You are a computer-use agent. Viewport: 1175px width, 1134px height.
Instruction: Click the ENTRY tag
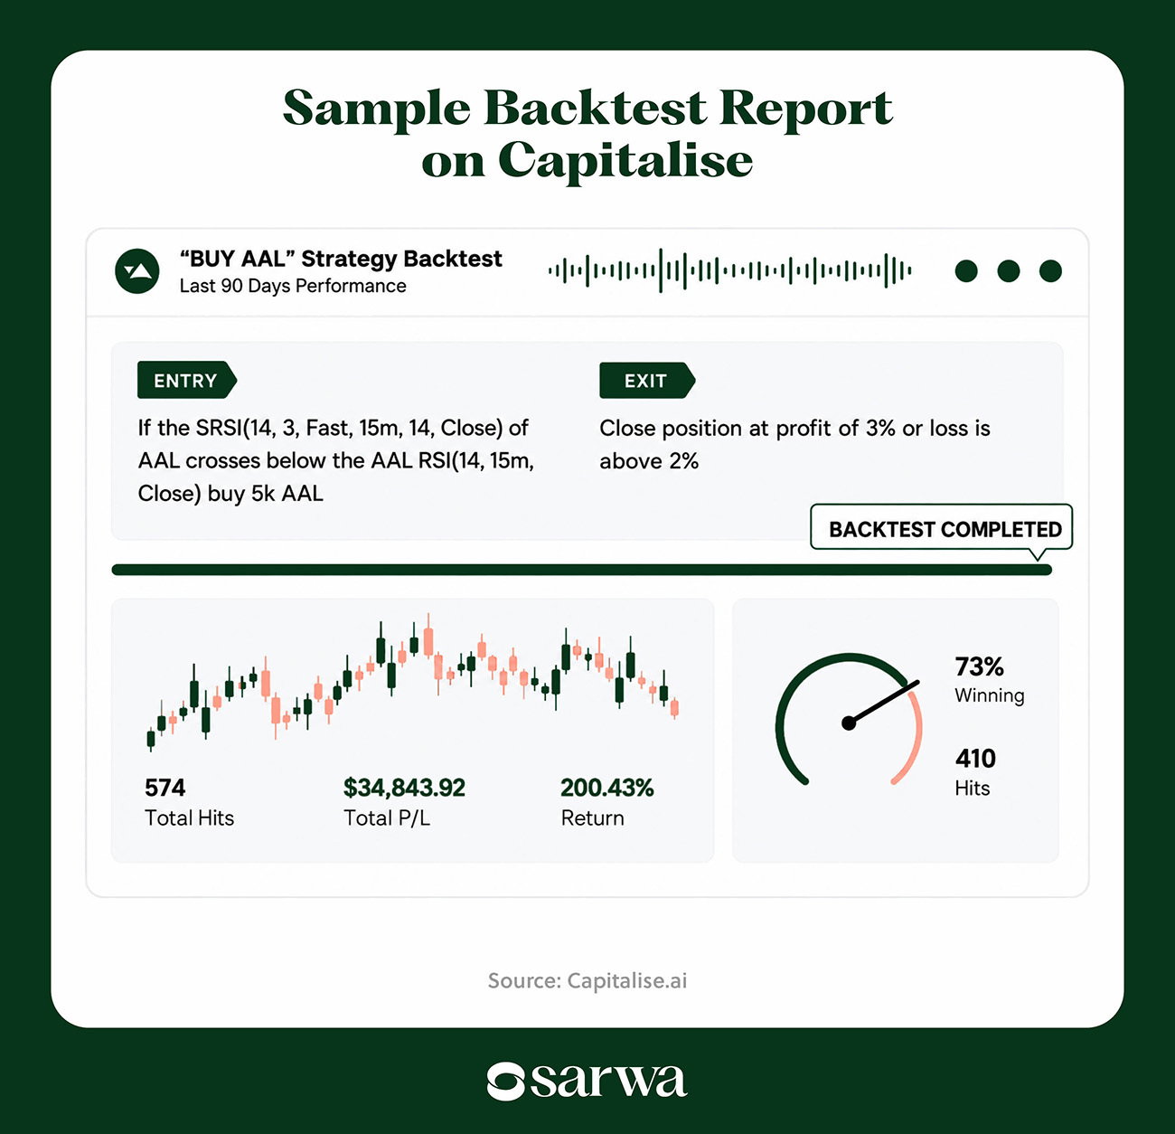(186, 380)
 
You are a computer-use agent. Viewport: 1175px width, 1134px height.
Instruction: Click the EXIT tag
(646, 381)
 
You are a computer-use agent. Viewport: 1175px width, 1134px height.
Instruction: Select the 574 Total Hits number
(164, 788)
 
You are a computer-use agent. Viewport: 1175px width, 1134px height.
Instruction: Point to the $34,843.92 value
(404, 788)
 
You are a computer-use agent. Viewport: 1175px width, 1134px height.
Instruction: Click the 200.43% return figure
(606, 788)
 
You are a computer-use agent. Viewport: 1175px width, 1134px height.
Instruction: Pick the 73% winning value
(979, 667)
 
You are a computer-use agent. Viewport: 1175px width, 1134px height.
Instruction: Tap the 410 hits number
(975, 758)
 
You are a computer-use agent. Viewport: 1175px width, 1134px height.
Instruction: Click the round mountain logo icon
(137, 271)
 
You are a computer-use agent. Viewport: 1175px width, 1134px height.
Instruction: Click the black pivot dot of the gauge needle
(849, 723)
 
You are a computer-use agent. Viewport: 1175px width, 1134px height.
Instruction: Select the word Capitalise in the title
(625, 161)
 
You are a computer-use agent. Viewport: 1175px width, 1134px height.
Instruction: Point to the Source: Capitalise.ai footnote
(587, 980)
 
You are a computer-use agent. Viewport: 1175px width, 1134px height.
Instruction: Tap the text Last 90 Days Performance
(293, 286)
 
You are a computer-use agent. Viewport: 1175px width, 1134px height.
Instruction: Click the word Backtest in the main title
(595, 109)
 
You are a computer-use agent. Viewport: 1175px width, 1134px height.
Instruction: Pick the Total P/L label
(387, 818)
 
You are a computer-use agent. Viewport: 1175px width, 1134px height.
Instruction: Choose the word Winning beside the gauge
(990, 695)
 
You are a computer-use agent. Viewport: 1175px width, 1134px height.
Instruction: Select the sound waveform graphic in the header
(729, 270)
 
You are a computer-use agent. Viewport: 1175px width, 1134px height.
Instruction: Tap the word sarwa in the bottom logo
(608, 1081)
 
